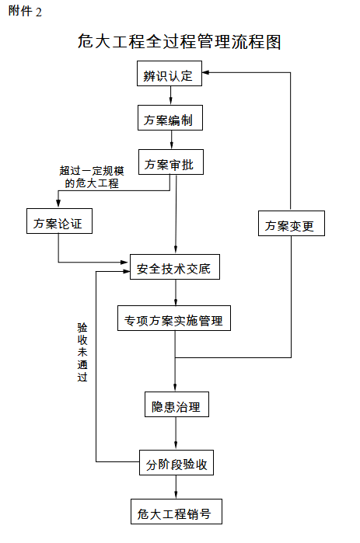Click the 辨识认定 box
coord(170,74)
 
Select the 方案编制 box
coord(170,118)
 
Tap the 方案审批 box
coord(171,162)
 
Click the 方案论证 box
coord(59,221)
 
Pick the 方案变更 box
coord(292,224)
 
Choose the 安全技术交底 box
coord(175,266)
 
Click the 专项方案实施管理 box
coord(174,318)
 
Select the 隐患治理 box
coord(177,404)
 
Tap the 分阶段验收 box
coord(177,462)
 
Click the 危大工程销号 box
coord(177,511)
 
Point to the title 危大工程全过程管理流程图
coord(179,41)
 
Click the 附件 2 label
coord(25,12)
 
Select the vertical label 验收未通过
coord(82,352)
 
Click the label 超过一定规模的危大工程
coord(92,176)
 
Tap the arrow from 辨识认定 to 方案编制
coord(170,96)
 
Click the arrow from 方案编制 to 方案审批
coord(171,140)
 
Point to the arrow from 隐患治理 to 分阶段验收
coord(176,433)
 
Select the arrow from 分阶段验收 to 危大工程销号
coord(176,487)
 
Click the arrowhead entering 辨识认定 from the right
coord(205,72)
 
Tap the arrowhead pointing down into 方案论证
coord(58,204)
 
